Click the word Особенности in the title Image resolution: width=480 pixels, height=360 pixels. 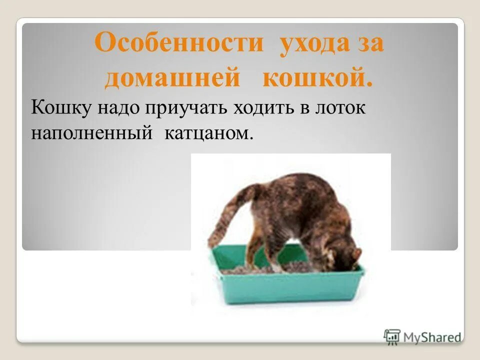pos(178,43)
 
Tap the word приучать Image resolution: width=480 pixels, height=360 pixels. pos(187,108)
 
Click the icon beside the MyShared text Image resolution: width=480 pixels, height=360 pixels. pos(392,336)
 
